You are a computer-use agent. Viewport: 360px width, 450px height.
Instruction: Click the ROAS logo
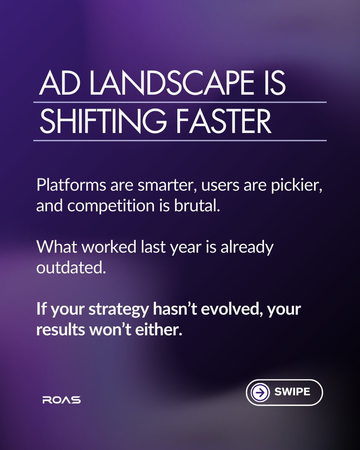[61, 400]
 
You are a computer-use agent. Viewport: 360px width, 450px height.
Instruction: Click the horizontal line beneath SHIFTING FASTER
[180, 141]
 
